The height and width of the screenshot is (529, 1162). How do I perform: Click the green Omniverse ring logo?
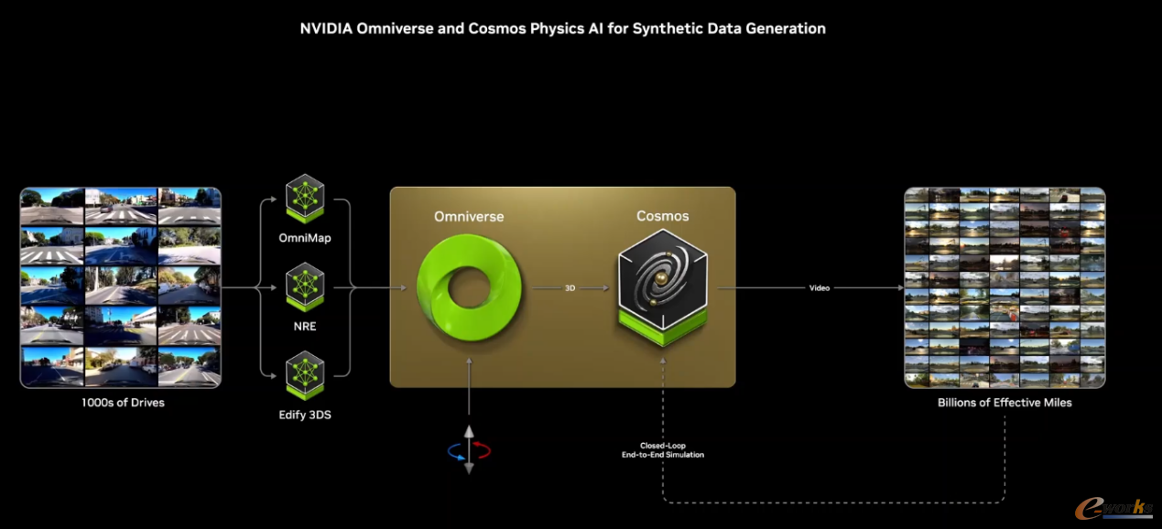[469, 289]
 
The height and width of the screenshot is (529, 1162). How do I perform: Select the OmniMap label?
[305, 238]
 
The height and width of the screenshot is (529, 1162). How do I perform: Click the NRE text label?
[305, 326]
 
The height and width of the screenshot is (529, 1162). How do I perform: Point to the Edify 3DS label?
[305, 415]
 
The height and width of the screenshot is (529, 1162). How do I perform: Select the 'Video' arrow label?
[819, 288]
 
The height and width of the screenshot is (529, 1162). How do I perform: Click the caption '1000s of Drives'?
[123, 403]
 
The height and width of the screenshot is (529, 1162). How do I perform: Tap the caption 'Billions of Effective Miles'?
[1005, 403]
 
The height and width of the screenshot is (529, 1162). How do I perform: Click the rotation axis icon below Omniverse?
[469, 449]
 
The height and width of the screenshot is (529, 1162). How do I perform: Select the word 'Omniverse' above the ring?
[469, 217]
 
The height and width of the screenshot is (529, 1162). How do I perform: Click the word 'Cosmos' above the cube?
[662, 216]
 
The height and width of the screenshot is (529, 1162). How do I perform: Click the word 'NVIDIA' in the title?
[327, 28]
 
